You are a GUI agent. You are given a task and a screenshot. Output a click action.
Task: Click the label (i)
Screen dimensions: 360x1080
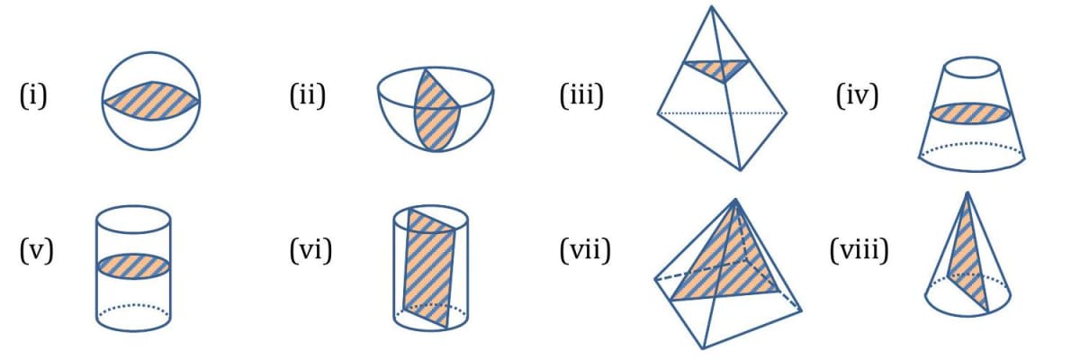(32, 94)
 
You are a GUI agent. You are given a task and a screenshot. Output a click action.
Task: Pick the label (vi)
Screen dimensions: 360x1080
(310, 249)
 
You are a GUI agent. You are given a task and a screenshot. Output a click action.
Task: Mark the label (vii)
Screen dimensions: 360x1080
(584, 249)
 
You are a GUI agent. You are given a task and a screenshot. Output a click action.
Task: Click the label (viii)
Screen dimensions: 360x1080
(859, 249)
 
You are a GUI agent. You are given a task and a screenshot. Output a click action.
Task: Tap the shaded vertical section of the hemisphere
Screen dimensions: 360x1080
(436, 103)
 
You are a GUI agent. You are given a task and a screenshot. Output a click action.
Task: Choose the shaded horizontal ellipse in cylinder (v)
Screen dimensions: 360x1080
(133, 265)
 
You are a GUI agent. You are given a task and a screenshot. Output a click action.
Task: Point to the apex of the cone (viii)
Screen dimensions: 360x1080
(967, 192)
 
